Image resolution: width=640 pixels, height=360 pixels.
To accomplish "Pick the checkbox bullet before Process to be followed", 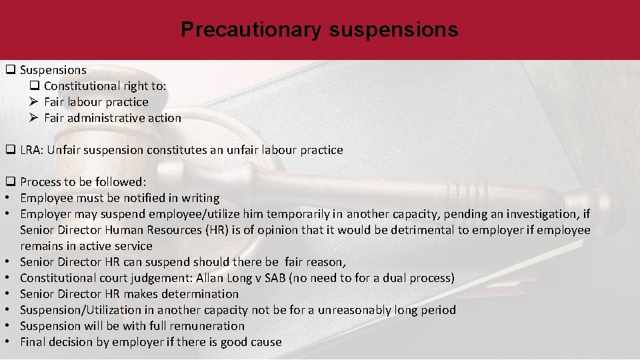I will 11,182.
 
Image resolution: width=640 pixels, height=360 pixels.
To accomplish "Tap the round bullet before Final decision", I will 10,342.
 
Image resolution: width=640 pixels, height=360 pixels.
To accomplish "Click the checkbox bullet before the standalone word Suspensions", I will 11,70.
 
